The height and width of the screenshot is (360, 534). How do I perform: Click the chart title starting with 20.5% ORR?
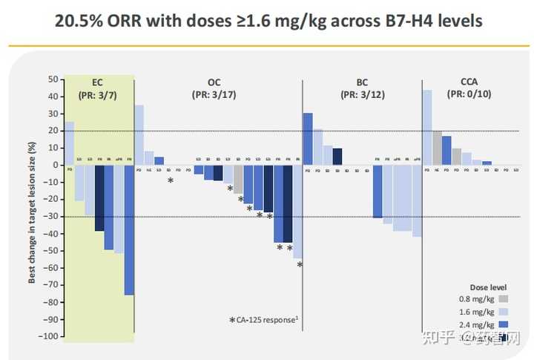268,22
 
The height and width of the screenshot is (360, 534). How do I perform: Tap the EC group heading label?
98,82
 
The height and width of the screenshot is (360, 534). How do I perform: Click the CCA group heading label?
469,82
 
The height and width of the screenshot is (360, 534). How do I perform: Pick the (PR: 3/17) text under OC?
214,94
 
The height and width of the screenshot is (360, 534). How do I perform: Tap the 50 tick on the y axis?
53,79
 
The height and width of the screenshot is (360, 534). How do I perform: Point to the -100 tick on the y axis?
49,336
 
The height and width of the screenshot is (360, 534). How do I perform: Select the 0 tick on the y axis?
55,165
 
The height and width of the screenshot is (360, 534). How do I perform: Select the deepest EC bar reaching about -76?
129,230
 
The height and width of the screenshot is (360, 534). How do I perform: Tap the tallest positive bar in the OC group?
139,135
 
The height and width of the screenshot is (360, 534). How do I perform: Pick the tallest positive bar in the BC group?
308,139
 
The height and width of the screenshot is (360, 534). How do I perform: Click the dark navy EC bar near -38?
99,197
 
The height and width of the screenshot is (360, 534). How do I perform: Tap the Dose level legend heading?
489,286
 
